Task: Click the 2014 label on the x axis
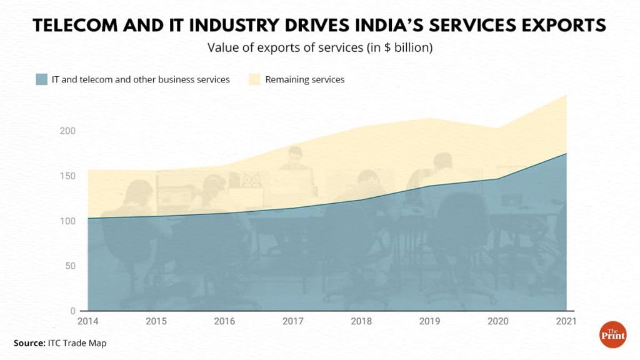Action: [x=87, y=321]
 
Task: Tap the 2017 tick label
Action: [x=292, y=321]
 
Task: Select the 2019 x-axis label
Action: [x=429, y=321]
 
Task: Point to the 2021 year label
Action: [x=566, y=321]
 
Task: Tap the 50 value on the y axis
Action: [x=71, y=266]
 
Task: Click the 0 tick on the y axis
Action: [x=72, y=311]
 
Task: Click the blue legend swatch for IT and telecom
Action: [x=42, y=79]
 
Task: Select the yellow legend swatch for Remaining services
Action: [x=254, y=79]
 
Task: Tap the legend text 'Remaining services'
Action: [x=305, y=79]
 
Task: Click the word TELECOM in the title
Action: [x=79, y=26]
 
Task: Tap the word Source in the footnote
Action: [x=28, y=343]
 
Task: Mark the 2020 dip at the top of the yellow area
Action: [x=497, y=128]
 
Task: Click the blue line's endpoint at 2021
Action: [x=566, y=154]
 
